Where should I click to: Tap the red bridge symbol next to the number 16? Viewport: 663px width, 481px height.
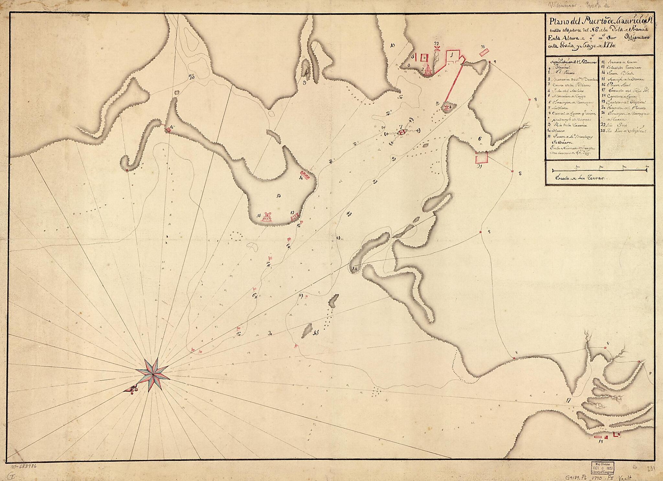pyautogui.click(x=168, y=130)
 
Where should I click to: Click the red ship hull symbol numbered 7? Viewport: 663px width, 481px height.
pyautogui.click(x=402, y=132)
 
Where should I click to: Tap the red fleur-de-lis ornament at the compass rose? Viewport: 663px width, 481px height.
pyautogui.click(x=132, y=391)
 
